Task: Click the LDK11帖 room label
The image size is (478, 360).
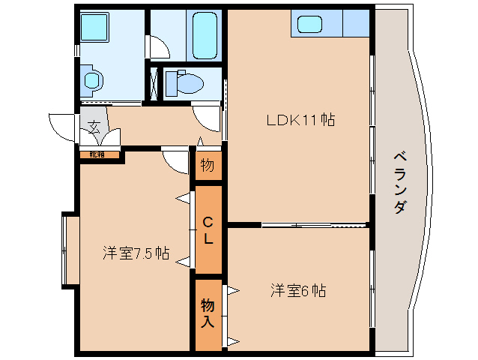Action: point(298,118)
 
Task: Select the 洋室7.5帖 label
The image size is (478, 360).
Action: point(136,253)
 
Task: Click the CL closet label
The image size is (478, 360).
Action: point(208,230)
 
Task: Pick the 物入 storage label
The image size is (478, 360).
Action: point(208,313)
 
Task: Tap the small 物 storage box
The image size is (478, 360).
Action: point(208,165)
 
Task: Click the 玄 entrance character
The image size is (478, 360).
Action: point(94,127)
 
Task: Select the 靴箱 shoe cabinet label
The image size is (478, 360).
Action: point(98,154)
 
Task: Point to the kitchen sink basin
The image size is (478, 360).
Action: point(309,24)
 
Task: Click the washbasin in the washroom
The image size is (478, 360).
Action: point(92,79)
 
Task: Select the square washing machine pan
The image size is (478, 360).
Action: point(95,29)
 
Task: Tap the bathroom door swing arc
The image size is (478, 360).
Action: point(159,47)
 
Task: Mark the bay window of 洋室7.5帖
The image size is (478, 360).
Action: point(70,251)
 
